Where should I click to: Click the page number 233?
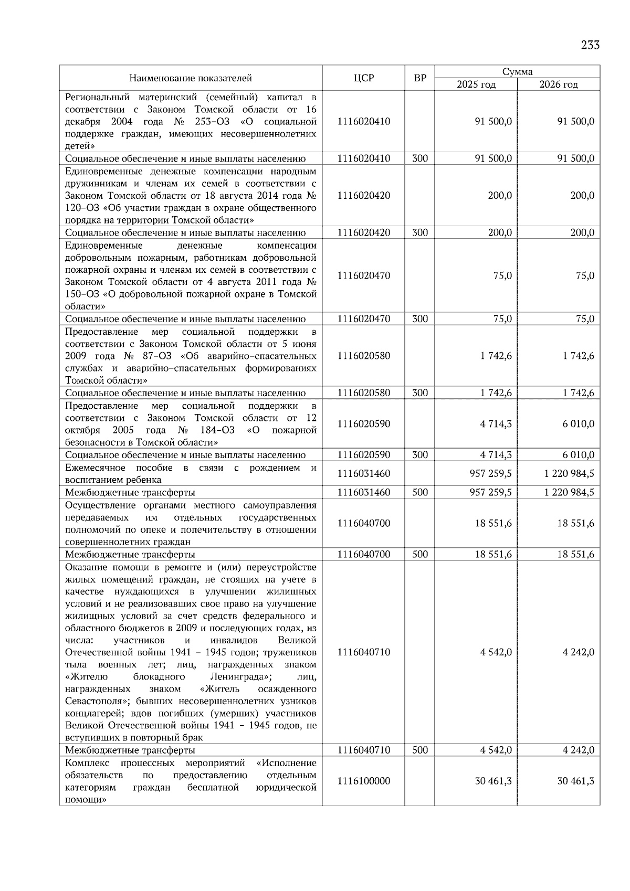click(590, 45)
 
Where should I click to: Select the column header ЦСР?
click(363, 78)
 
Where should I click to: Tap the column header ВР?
click(420, 78)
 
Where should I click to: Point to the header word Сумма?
click(517, 72)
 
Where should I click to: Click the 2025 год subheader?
click(476, 84)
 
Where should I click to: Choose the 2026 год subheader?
click(559, 84)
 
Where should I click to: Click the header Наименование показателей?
click(191, 78)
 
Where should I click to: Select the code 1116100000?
click(364, 781)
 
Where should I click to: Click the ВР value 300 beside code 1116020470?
click(420, 319)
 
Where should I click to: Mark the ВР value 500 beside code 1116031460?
click(420, 492)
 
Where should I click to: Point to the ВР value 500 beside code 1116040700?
click(420, 554)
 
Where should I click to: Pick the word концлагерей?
click(91, 714)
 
